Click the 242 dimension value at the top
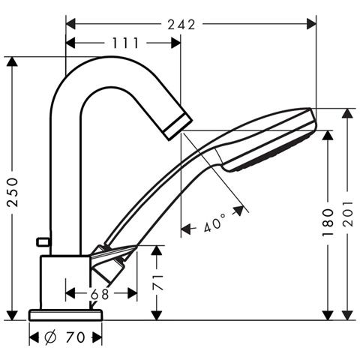tap(181, 25)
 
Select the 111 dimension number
tap(125, 43)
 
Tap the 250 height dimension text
tap(13, 192)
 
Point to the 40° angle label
tap(214, 223)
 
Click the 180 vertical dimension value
tap(328, 223)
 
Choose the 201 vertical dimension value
tap(348, 214)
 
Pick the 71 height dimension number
tap(157, 283)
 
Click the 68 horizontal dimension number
tap(100, 294)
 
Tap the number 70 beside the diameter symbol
tap(76, 337)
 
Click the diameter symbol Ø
tap(52, 337)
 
